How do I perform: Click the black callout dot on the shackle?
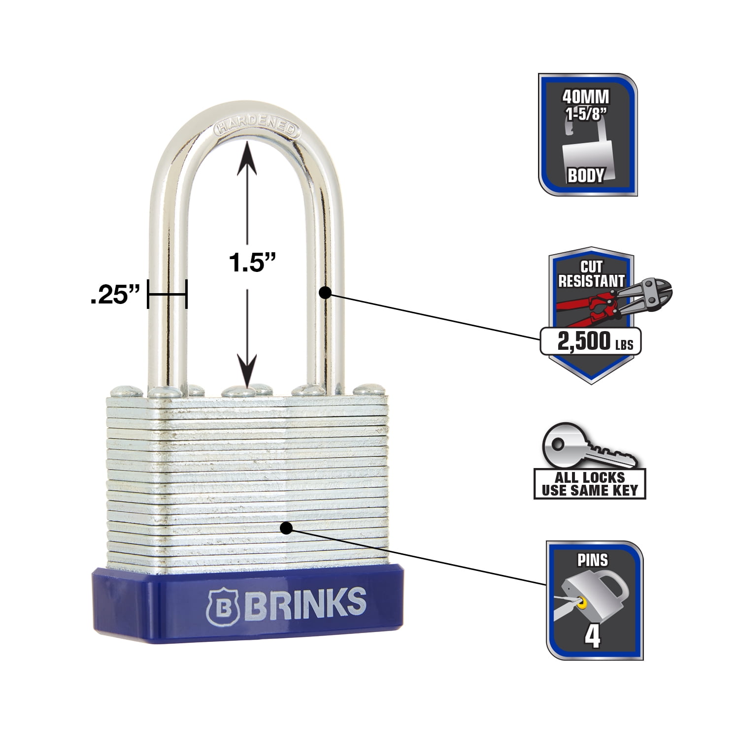tap(325, 293)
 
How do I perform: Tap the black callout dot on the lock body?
tap(286, 528)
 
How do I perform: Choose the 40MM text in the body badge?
tap(586, 97)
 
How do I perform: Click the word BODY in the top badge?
tap(586, 175)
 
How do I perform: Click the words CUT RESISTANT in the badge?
tap(591, 274)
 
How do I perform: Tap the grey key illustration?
tap(589, 447)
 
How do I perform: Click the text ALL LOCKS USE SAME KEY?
tap(590, 484)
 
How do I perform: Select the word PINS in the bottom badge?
tap(592, 560)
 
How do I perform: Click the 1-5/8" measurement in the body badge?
tap(586, 114)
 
